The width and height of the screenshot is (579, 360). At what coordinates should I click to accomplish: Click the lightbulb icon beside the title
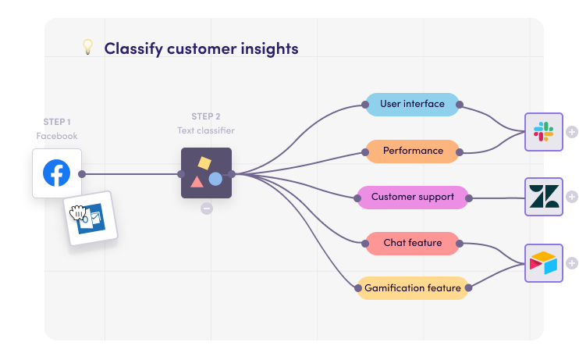point(87,48)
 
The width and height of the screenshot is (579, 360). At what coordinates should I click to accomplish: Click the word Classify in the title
point(132,48)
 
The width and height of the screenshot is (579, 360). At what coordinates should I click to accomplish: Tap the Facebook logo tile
point(56,173)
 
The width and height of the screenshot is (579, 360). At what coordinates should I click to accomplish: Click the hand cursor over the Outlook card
point(78,213)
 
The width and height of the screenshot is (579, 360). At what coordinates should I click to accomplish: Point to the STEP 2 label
point(206,116)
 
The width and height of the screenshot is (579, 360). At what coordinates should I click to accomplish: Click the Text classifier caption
point(206,130)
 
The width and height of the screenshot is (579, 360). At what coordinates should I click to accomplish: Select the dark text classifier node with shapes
point(206,173)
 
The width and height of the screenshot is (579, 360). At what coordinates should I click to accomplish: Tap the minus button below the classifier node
point(206,209)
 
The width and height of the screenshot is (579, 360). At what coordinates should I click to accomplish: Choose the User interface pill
point(412,105)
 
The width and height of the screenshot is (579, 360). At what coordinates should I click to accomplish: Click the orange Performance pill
point(412,151)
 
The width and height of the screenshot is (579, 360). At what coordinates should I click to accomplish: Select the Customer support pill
point(412,197)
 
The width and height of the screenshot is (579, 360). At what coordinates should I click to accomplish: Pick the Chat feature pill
point(412,243)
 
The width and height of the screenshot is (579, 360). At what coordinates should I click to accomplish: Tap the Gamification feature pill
point(412,288)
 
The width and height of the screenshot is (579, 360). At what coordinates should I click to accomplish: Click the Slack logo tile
point(543,131)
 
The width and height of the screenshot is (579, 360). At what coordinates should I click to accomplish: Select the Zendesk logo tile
point(543,197)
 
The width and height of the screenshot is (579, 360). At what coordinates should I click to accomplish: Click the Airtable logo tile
point(543,263)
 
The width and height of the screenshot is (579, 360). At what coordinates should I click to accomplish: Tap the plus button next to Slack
point(572,131)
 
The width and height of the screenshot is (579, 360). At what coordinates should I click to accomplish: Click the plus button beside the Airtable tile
point(572,263)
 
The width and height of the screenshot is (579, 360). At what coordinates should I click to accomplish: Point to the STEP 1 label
point(57,122)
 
